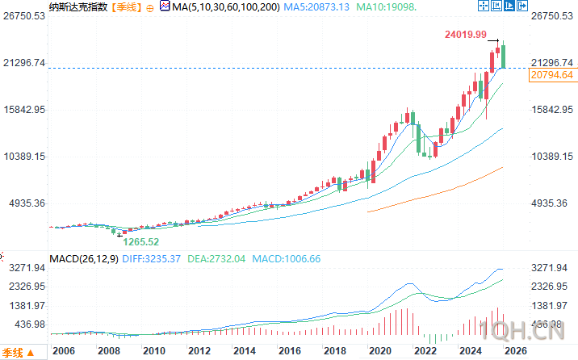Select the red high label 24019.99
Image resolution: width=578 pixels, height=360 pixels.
pos(465,35)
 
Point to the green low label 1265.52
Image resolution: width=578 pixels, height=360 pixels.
pos(141,241)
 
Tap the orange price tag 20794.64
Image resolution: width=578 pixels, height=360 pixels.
pos(552,75)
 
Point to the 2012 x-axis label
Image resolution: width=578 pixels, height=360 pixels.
pos(199,351)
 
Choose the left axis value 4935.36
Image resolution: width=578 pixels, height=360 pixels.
pos(26,203)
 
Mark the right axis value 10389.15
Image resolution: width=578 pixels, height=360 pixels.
pos(552,157)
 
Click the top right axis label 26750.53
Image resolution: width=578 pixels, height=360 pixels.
pos(552,16)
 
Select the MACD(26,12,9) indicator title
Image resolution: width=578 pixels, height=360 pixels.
pos(83,259)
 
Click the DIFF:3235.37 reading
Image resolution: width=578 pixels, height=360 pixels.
pos(151,259)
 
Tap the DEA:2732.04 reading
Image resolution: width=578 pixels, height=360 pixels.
pos(217,259)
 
